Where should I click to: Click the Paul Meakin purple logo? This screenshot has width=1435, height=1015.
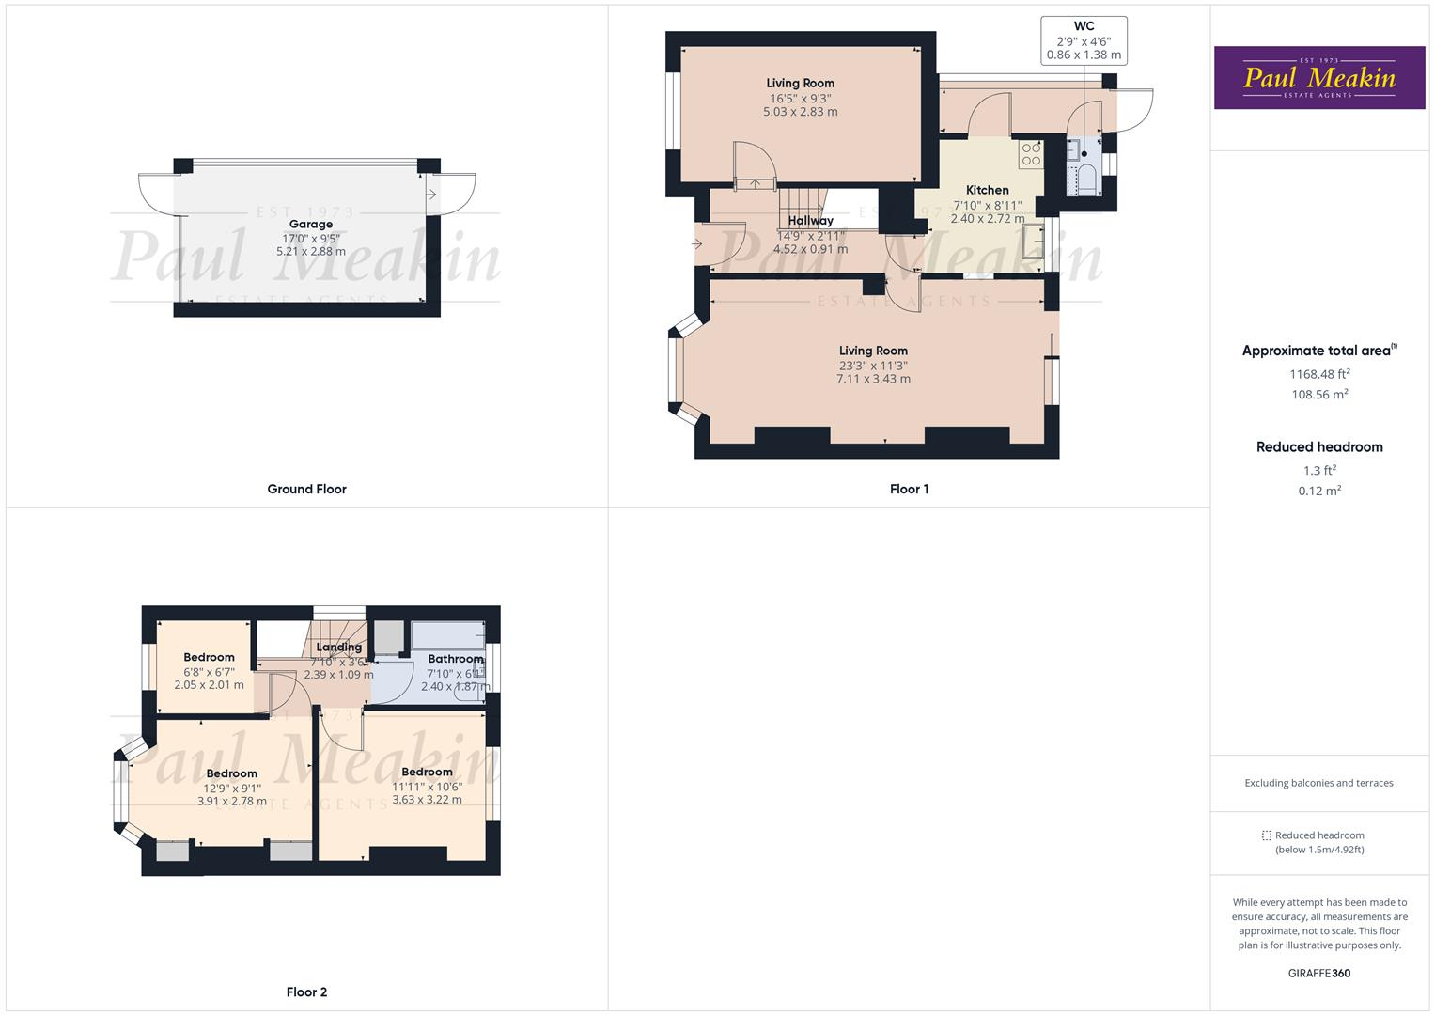tap(1318, 78)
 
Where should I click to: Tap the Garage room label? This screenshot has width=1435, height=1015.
tap(310, 225)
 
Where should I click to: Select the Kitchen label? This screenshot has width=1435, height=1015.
tap(987, 190)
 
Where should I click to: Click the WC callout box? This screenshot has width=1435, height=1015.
tap(1084, 40)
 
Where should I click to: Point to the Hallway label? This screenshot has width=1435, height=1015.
tap(810, 221)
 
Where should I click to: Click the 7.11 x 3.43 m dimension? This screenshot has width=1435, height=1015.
tap(873, 379)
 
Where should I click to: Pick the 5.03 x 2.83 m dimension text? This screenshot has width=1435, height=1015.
tap(800, 112)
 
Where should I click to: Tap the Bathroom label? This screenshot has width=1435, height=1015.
tap(455, 659)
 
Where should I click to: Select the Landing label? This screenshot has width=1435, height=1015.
tap(338, 648)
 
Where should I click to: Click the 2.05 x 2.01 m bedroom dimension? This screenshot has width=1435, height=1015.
tap(209, 685)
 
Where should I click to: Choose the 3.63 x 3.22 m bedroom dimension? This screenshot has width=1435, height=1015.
tap(427, 800)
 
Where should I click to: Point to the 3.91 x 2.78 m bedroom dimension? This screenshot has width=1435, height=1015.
tap(231, 802)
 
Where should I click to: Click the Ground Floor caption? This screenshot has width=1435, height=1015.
tap(306, 489)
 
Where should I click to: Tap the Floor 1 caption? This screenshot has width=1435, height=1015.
tap(909, 489)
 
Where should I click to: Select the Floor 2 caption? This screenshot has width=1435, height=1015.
tap(306, 992)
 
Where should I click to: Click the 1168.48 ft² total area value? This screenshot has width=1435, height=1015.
tap(1318, 374)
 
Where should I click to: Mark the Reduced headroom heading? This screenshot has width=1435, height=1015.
tap(1318, 447)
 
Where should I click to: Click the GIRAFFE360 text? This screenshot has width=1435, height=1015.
tap(1318, 973)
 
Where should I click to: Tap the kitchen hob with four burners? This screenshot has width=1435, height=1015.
tap(1031, 154)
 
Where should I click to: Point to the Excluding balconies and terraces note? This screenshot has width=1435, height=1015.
tap(1318, 783)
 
